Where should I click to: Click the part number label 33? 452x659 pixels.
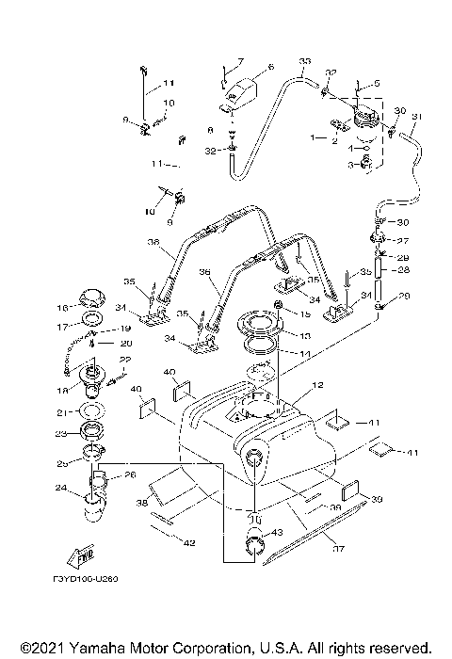[x=304, y=62]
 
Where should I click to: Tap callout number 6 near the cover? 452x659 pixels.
[x=270, y=68]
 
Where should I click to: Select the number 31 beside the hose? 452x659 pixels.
[x=417, y=117]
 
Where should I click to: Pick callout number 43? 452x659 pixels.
[x=276, y=534]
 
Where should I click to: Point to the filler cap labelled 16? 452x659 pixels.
[x=92, y=301]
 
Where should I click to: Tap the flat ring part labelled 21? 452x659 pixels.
[x=91, y=412]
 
